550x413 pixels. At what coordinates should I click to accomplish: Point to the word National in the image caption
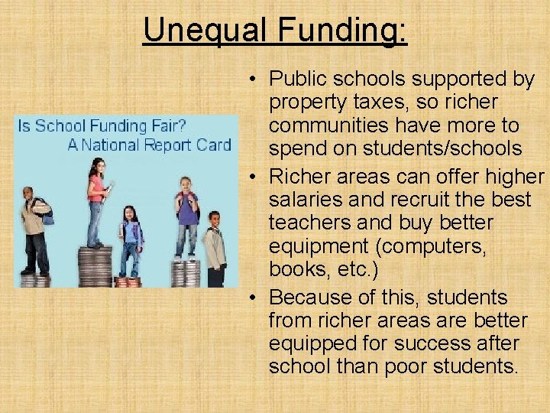coord(112,145)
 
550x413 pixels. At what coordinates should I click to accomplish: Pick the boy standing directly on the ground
coord(215,249)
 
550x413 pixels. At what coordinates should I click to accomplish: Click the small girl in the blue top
coord(131,237)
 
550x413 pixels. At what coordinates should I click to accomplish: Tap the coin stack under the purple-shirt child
coord(186,273)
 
